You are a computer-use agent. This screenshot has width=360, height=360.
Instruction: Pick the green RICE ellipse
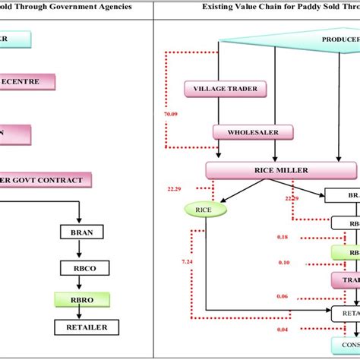(x=204, y=210)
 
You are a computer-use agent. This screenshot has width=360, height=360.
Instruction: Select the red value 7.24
(x=188, y=261)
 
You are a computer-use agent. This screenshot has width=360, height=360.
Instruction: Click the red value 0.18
(x=283, y=238)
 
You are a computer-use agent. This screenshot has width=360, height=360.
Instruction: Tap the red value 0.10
(x=283, y=262)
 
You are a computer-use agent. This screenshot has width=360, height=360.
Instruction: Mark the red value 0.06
(x=283, y=295)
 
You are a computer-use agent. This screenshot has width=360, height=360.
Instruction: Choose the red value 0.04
(x=283, y=329)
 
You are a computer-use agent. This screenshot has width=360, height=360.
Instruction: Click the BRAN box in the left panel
(x=81, y=232)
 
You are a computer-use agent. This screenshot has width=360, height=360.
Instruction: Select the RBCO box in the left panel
(x=81, y=267)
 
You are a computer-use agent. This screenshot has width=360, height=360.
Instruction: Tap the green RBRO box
(x=81, y=300)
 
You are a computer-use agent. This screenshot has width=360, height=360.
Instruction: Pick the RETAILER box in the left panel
(x=81, y=327)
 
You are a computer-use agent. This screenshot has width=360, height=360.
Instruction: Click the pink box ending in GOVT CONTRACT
(x=46, y=179)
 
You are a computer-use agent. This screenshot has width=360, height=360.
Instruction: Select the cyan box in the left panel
(x=15, y=40)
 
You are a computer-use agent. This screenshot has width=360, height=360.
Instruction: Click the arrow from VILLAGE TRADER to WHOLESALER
(x=220, y=111)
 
